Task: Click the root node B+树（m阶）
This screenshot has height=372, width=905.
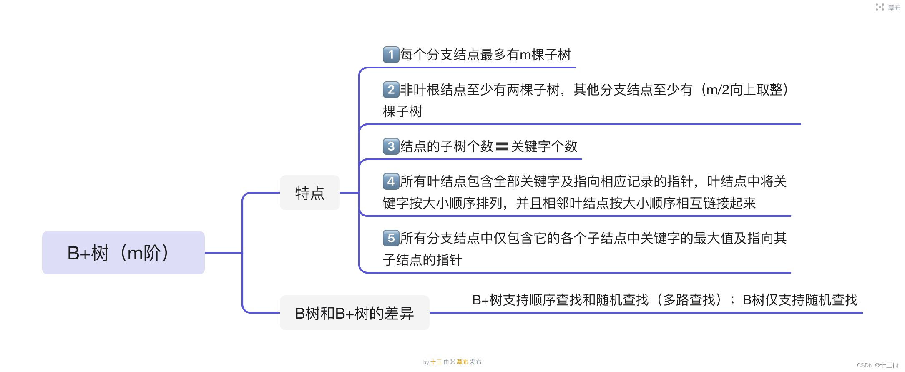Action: click(123, 253)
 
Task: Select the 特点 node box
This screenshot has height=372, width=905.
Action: click(309, 193)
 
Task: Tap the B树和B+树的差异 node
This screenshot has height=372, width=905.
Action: click(354, 313)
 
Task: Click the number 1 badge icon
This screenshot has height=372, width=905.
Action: click(391, 55)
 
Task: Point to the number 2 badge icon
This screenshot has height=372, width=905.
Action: click(391, 90)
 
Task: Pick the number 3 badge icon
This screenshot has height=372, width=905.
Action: click(391, 146)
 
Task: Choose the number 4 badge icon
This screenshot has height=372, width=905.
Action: click(391, 181)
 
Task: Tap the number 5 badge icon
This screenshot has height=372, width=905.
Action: click(391, 238)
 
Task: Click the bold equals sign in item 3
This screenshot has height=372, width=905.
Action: click(502, 146)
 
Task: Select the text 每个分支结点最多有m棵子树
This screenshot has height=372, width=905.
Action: click(485, 55)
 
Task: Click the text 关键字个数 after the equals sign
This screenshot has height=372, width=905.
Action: click(544, 146)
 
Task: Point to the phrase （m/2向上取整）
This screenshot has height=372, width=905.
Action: click(744, 90)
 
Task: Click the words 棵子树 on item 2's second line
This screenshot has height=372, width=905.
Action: click(402, 111)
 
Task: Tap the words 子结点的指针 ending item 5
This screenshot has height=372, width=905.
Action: click(422, 260)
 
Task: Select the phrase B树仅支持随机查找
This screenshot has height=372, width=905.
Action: click(800, 300)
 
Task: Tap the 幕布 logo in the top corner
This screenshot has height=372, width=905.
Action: click(887, 8)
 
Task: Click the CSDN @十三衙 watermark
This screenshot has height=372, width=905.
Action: click(877, 365)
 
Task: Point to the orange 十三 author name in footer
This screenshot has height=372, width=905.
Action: click(436, 362)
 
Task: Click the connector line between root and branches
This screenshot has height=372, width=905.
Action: click(224, 252)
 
